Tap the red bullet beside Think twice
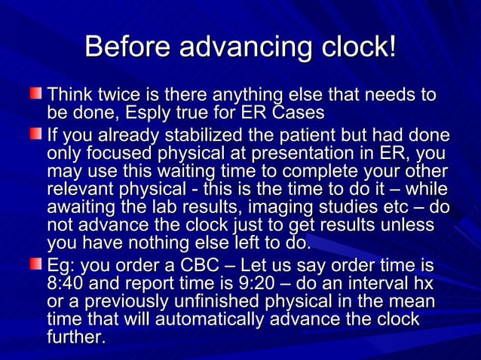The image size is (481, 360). (36, 96)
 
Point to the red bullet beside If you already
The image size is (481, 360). (36, 136)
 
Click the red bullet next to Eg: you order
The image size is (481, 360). (36, 265)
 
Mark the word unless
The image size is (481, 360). (408, 225)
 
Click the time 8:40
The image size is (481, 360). (66, 285)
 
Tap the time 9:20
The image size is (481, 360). (261, 285)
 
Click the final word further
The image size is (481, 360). (76, 338)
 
